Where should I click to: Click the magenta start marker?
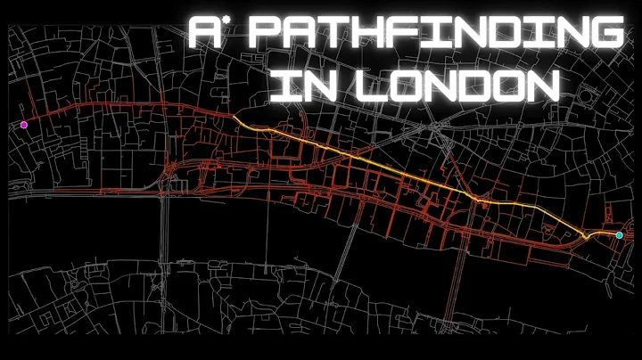24,125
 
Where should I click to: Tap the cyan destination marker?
619,235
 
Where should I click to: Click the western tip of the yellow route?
234,117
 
